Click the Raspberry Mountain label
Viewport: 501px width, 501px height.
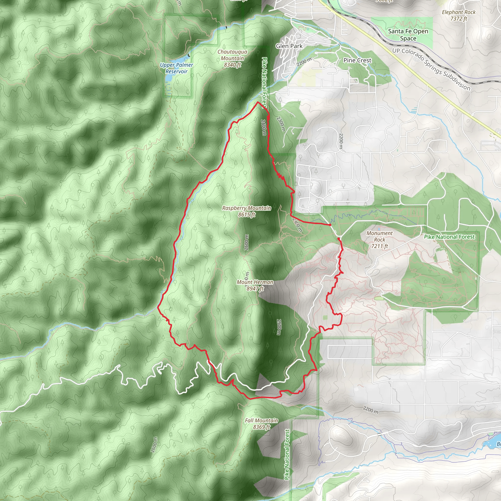pos(246,208)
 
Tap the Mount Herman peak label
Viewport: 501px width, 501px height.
pos(255,282)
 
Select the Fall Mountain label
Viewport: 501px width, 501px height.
pos(262,420)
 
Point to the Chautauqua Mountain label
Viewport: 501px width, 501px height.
pos(232,55)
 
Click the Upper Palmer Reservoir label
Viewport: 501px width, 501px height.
pos(176,68)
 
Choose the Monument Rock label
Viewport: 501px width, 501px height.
pos(379,236)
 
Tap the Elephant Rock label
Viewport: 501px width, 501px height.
pos(459,12)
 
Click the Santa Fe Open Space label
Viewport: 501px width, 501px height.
pos(408,35)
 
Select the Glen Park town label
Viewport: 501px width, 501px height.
pos(289,46)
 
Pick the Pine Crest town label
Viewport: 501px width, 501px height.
pos(357,60)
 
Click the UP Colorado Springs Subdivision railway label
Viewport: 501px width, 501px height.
pos(431,69)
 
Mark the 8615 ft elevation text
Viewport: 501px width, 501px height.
pos(247,215)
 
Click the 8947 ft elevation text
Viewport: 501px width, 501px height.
pos(255,289)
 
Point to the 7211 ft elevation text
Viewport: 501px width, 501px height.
pos(379,246)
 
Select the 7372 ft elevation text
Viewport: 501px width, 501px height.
pos(459,19)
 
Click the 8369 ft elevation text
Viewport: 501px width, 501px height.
pos(262,427)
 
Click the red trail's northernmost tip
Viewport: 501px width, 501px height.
pos(258,102)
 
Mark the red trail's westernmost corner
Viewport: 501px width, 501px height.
pos(158,307)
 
